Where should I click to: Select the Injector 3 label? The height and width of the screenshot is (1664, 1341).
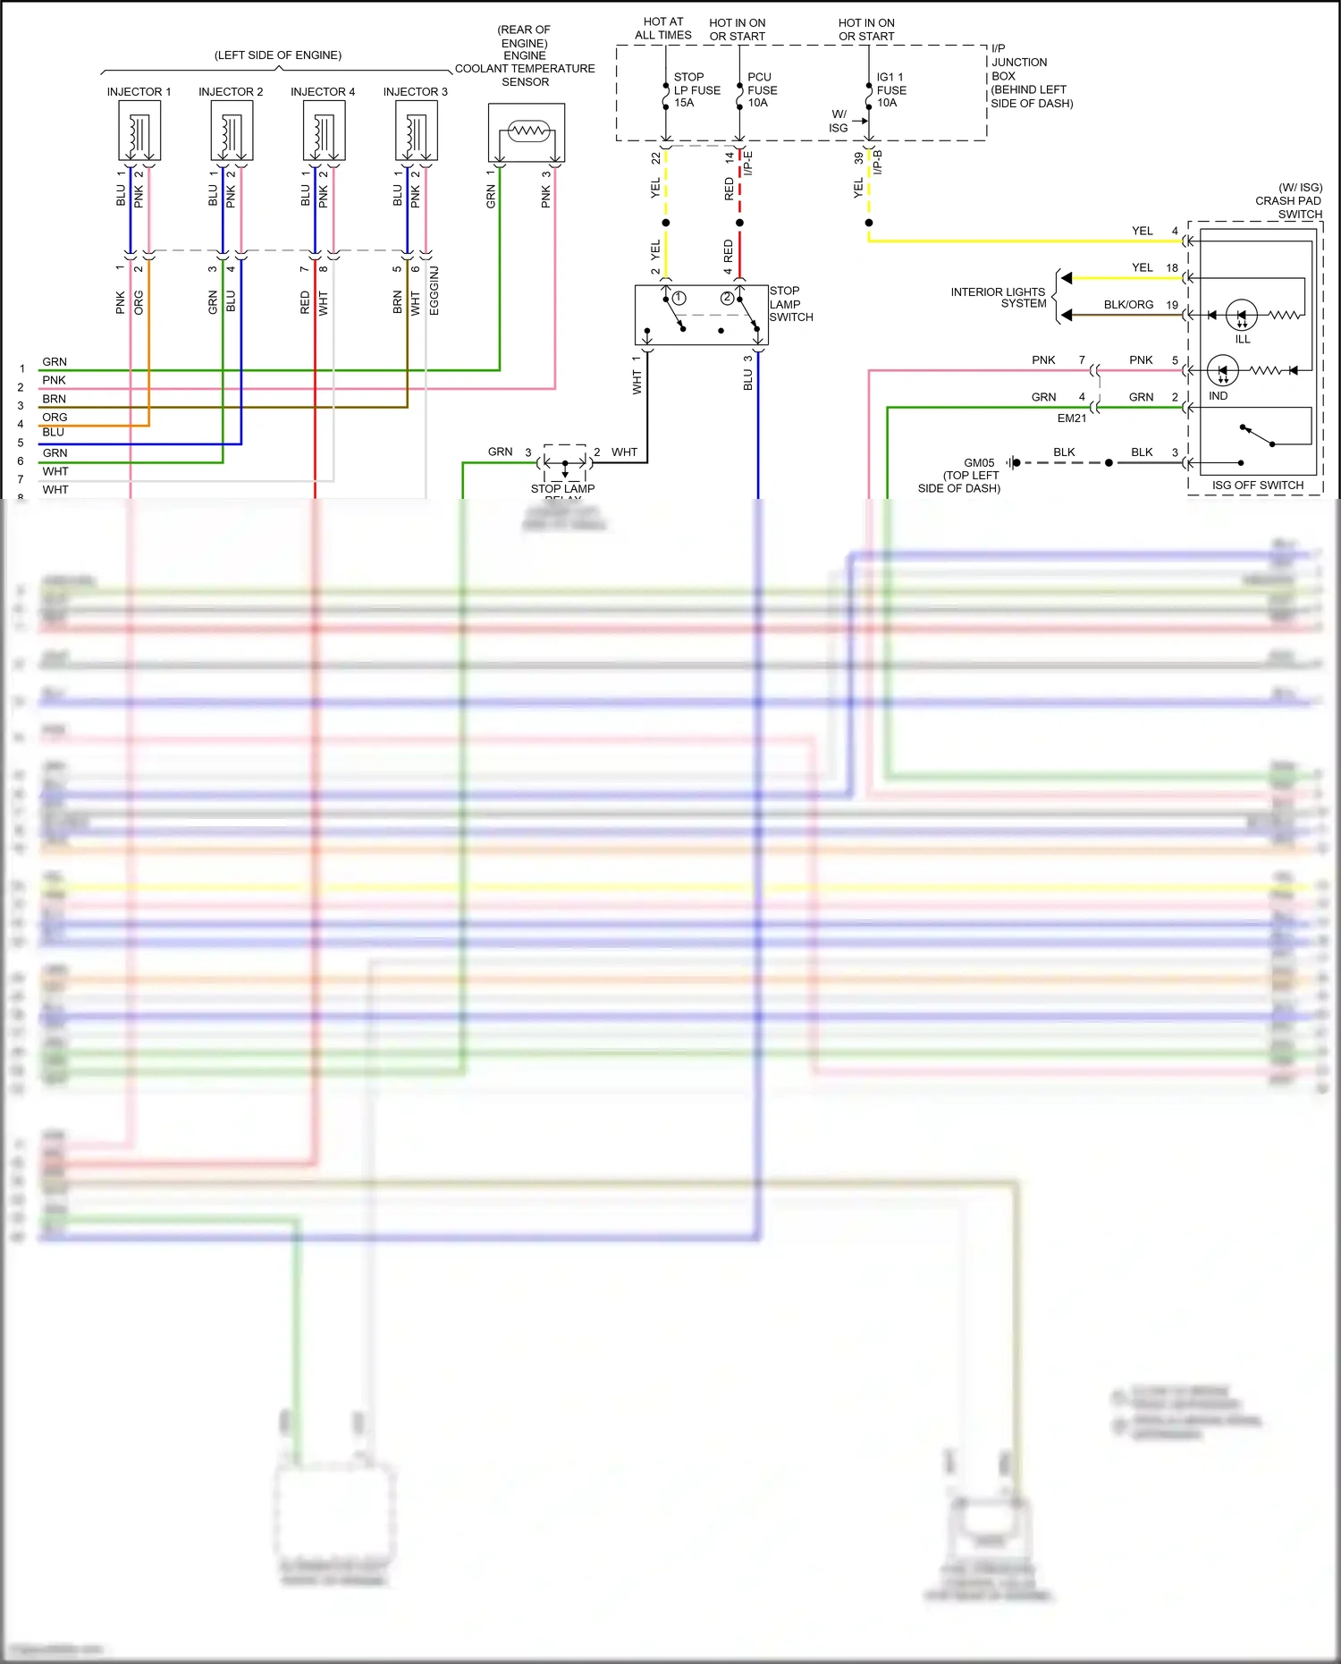(415, 92)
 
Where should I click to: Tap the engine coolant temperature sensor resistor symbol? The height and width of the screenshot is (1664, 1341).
(527, 131)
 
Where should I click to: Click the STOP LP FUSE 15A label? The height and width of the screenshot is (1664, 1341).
(696, 90)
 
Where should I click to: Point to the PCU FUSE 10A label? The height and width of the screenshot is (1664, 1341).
(762, 90)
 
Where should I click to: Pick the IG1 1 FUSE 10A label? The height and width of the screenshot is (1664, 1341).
(890, 90)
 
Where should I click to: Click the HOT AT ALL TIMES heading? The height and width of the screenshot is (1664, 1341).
(662, 29)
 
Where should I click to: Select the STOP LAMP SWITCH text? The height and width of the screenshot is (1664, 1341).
(790, 304)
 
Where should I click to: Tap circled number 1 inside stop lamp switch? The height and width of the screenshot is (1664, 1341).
(679, 298)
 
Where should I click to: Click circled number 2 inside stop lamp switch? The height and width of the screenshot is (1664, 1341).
(727, 298)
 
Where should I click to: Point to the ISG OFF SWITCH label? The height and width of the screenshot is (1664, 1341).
(1257, 486)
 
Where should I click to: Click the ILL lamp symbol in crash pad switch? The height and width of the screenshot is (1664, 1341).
(1242, 315)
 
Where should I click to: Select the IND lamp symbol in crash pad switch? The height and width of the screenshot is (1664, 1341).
(1222, 370)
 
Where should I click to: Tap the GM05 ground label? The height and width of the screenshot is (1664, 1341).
(979, 463)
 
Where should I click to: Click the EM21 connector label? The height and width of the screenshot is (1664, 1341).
(1071, 418)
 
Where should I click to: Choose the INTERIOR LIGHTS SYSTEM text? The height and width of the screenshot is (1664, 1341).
(998, 298)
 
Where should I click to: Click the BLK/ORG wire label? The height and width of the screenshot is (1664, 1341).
(1128, 305)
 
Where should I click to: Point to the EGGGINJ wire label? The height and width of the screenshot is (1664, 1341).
(434, 291)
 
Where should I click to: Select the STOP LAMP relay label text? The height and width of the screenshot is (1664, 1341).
(562, 489)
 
